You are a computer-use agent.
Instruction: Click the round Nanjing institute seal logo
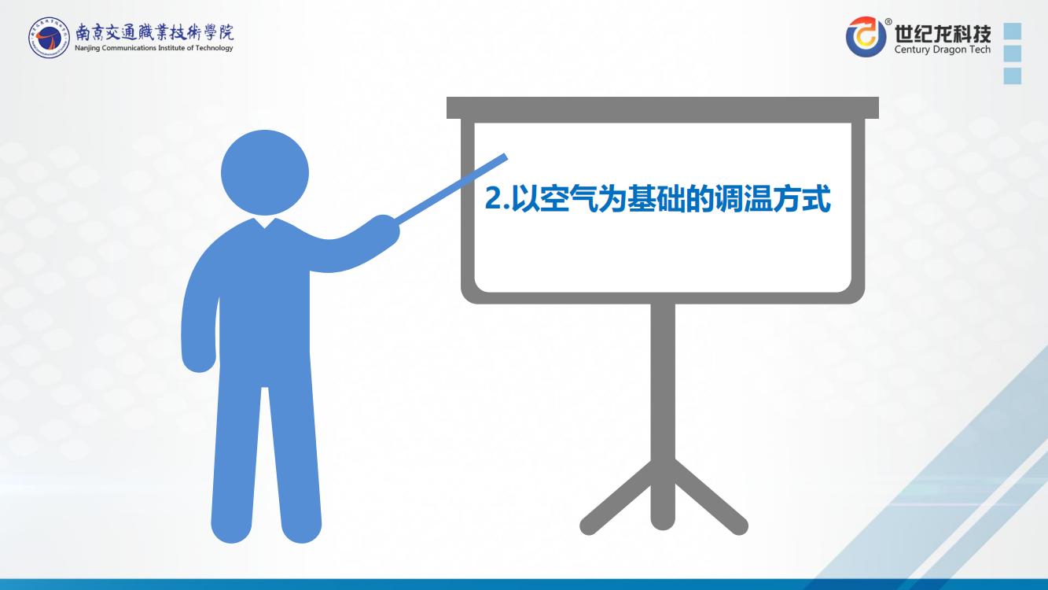49,38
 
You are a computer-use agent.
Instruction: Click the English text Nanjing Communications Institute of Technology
154,48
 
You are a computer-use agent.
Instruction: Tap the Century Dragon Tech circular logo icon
866,36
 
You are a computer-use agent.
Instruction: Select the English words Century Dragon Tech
943,49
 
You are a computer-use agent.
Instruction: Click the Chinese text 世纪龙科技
943,33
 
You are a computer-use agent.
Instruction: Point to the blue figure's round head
265,172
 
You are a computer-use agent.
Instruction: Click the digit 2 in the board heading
493,198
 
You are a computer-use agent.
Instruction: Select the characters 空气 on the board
568,198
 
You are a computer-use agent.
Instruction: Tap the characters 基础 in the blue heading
656,198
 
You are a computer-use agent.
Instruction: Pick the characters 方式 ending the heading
802,198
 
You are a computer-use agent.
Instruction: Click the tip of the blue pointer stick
506,157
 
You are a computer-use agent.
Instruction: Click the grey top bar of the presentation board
663,108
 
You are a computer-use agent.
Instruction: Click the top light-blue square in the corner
1013,31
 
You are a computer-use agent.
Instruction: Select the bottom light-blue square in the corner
1013,76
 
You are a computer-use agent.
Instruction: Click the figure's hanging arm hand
200,358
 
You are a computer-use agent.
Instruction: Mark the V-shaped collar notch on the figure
265,223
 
